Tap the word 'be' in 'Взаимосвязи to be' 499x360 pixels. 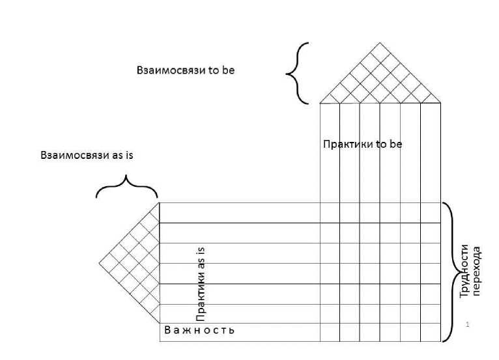coord(228,70)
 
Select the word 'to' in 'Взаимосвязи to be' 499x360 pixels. coord(213,70)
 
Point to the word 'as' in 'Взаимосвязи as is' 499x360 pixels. coord(117,156)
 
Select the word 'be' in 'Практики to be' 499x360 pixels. coord(395,144)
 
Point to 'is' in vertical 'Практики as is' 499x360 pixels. coord(201,251)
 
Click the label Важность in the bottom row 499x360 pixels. coord(199,330)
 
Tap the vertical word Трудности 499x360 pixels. coord(465,271)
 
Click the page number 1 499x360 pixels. coord(468,324)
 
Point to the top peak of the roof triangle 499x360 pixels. coord(380,43)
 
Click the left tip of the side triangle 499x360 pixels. coord(100,263)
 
